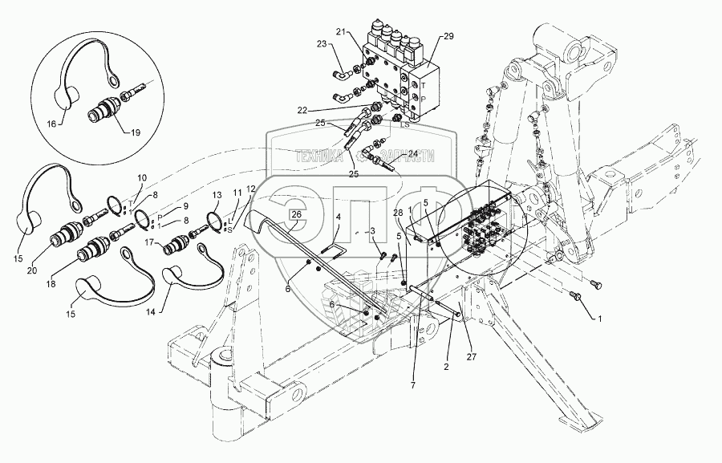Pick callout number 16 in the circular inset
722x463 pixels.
coord(52,125)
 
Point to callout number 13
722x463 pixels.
coord(217,195)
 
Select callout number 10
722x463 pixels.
coord(142,178)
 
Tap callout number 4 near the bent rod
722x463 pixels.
coord(338,216)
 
